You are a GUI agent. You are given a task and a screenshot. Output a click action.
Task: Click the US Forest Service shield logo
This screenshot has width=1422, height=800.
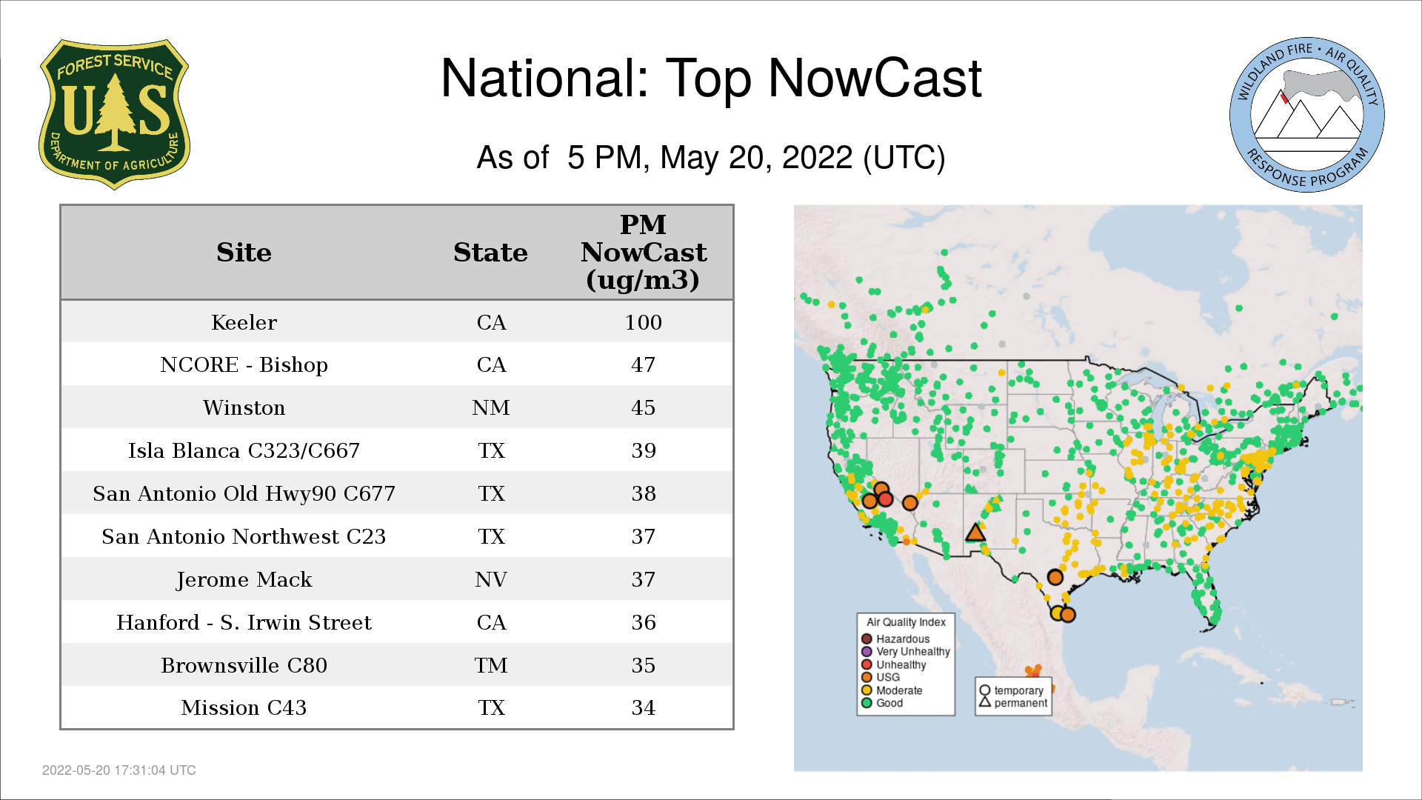pyautogui.click(x=114, y=115)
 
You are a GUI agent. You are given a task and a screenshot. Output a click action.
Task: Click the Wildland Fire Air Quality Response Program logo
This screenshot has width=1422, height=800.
pyautogui.click(x=1307, y=115)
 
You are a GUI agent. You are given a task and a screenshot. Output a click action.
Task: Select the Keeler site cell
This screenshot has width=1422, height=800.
pyautogui.click(x=244, y=322)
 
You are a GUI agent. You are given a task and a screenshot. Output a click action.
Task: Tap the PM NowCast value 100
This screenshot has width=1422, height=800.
pyautogui.click(x=643, y=322)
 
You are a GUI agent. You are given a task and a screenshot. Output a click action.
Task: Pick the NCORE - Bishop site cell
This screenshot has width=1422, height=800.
pyautogui.click(x=244, y=365)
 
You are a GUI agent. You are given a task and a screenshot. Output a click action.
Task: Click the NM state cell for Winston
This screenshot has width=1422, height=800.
pyautogui.click(x=491, y=407)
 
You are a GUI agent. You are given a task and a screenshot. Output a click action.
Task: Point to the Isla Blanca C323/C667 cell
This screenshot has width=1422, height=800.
pyautogui.click(x=244, y=450)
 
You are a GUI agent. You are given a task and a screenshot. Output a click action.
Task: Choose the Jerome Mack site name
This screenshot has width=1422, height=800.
pyautogui.click(x=244, y=579)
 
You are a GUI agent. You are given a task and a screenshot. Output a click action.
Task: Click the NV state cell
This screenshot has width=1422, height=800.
pyautogui.click(x=491, y=579)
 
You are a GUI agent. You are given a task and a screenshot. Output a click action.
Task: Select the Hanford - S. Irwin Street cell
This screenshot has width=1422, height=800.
pyautogui.click(x=244, y=622)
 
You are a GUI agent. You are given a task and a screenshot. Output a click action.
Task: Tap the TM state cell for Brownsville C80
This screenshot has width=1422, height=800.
pyautogui.click(x=491, y=665)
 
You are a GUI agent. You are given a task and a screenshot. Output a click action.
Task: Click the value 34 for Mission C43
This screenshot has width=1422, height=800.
pyautogui.click(x=643, y=707)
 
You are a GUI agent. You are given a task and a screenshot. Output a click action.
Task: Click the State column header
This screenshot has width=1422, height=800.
pyautogui.click(x=490, y=253)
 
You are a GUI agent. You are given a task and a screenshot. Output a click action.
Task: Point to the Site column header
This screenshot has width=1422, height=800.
pyautogui.click(x=244, y=253)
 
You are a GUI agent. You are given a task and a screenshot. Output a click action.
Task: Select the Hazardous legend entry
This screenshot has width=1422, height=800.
pyautogui.click(x=895, y=639)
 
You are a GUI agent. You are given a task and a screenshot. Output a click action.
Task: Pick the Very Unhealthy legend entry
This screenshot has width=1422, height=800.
pyautogui.click(x=906, y=652)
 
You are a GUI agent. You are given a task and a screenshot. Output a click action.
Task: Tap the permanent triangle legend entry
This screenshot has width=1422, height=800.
pyautogui.click(x=1013, y=703)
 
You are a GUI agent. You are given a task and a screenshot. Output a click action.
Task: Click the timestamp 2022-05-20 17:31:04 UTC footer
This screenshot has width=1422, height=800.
pyautogui.click(x=119, y=770)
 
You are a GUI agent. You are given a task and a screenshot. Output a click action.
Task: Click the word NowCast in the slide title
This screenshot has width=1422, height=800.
pyautogui.click(x=875, y=78)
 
